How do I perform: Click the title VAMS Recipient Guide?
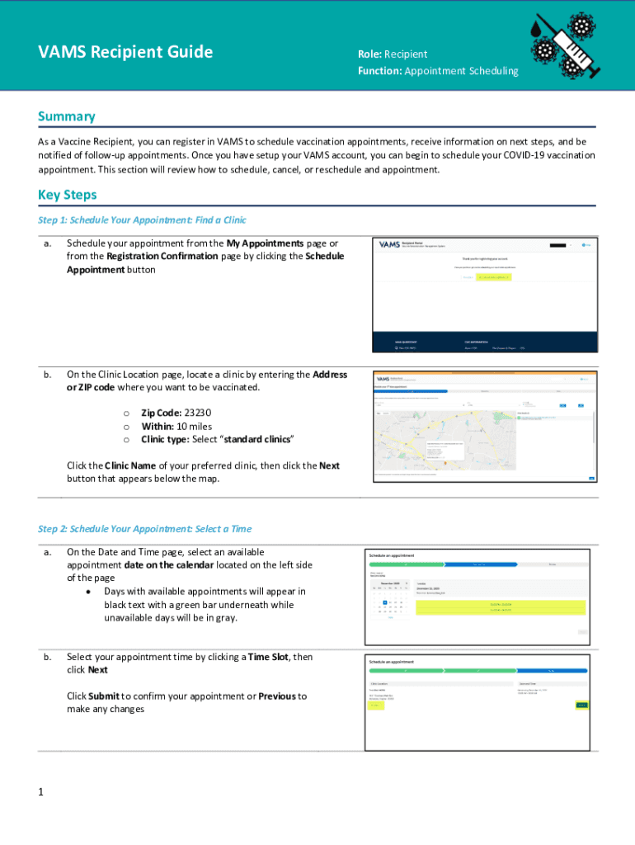[125, 53]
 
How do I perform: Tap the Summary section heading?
[67, 116]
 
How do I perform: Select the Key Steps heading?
[68, 195]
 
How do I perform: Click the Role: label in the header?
[369, 54]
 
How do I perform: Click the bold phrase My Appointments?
[265, 243]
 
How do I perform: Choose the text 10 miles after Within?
[194, 426]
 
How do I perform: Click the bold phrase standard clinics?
[256, 439]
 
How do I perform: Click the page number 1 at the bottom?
[40, 792]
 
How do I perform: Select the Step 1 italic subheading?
[142, 220]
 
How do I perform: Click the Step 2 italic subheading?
[144, 529]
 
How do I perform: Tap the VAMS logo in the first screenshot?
[388, 245]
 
